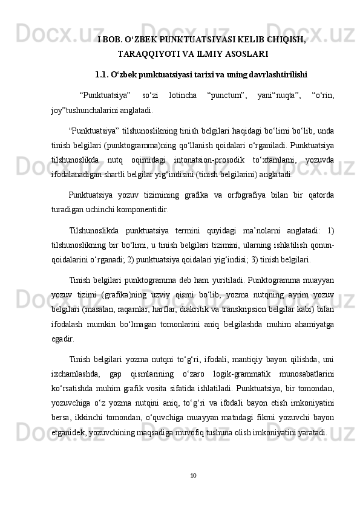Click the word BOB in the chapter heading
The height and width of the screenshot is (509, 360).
112,40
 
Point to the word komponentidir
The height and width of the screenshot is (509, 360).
139,210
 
